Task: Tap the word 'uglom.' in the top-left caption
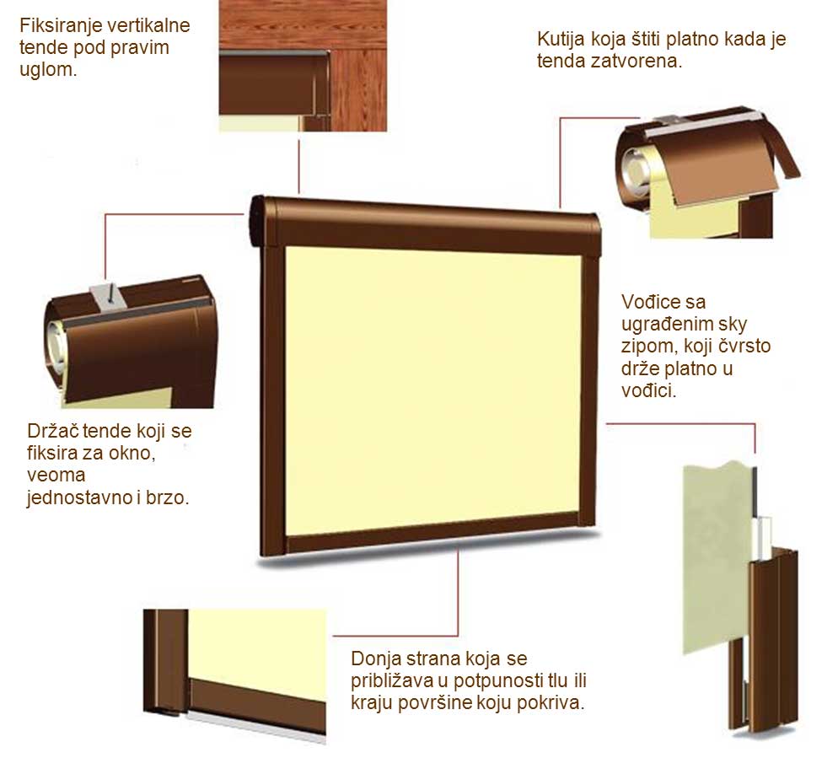point(48,70)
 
